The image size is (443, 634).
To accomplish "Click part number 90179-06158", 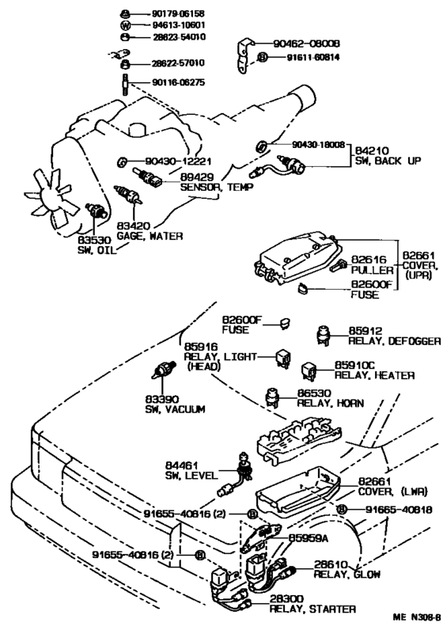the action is [178, 13].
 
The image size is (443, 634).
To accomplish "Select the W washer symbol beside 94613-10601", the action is [126, 25].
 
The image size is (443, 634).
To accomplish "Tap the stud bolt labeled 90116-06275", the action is [125, 85].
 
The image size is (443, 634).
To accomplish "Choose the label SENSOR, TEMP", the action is [217, 188].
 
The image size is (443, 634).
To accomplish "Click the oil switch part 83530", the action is [97, 211].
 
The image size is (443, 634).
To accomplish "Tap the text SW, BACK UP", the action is [388, 161].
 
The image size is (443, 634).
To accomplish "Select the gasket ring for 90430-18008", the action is [262, 146].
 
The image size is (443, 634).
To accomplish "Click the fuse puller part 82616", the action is [339, 264].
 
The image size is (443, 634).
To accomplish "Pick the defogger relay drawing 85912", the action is [324, 335].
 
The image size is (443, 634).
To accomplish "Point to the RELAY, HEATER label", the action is [374, 376].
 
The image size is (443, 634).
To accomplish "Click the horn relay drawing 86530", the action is [272, 397].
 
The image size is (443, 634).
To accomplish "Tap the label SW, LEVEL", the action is [191, 476].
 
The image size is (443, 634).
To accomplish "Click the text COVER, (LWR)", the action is [392, 492].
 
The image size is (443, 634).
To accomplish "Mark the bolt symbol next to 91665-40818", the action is [342, 510].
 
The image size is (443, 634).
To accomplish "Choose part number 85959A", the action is [308, 538].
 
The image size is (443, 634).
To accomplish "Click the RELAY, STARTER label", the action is [312, 609].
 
